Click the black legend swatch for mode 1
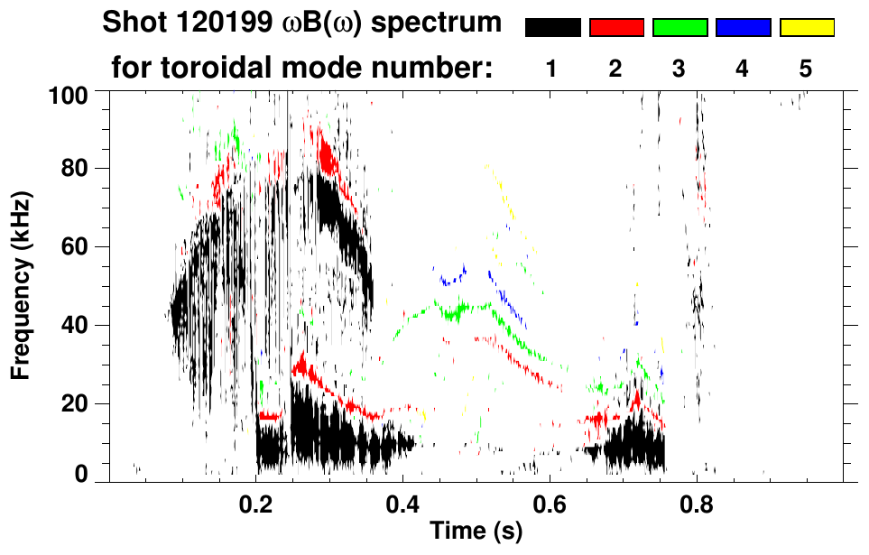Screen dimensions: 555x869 [552, 28]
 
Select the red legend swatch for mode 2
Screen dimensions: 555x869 [616, 28]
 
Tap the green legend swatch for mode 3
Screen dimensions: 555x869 [679, 28]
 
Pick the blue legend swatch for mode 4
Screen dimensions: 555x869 [743, 28]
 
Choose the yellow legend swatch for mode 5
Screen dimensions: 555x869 [806, 28]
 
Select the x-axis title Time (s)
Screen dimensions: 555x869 [476, 532]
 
